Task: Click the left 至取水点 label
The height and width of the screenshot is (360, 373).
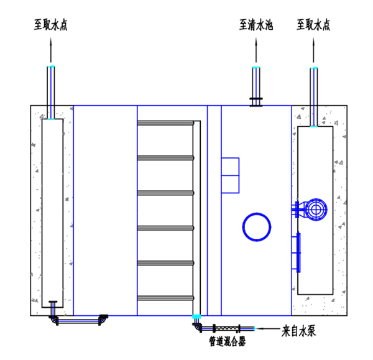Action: (x=51, y=25)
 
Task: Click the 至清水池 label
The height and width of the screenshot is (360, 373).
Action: (x=256, y=25)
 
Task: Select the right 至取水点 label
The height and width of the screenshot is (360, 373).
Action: (x=313, y=25)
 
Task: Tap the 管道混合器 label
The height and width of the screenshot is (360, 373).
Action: (x=228, y=341)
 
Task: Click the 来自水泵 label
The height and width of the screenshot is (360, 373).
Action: (x=298, y=331)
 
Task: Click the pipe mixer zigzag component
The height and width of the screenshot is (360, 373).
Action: (x=227, y=328)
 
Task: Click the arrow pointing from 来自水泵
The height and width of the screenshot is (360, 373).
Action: (x=269, y=328)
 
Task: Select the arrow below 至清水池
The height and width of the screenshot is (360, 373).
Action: (x=256, y=50)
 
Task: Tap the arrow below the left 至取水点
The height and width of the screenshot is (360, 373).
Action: (x=51, y=50)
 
